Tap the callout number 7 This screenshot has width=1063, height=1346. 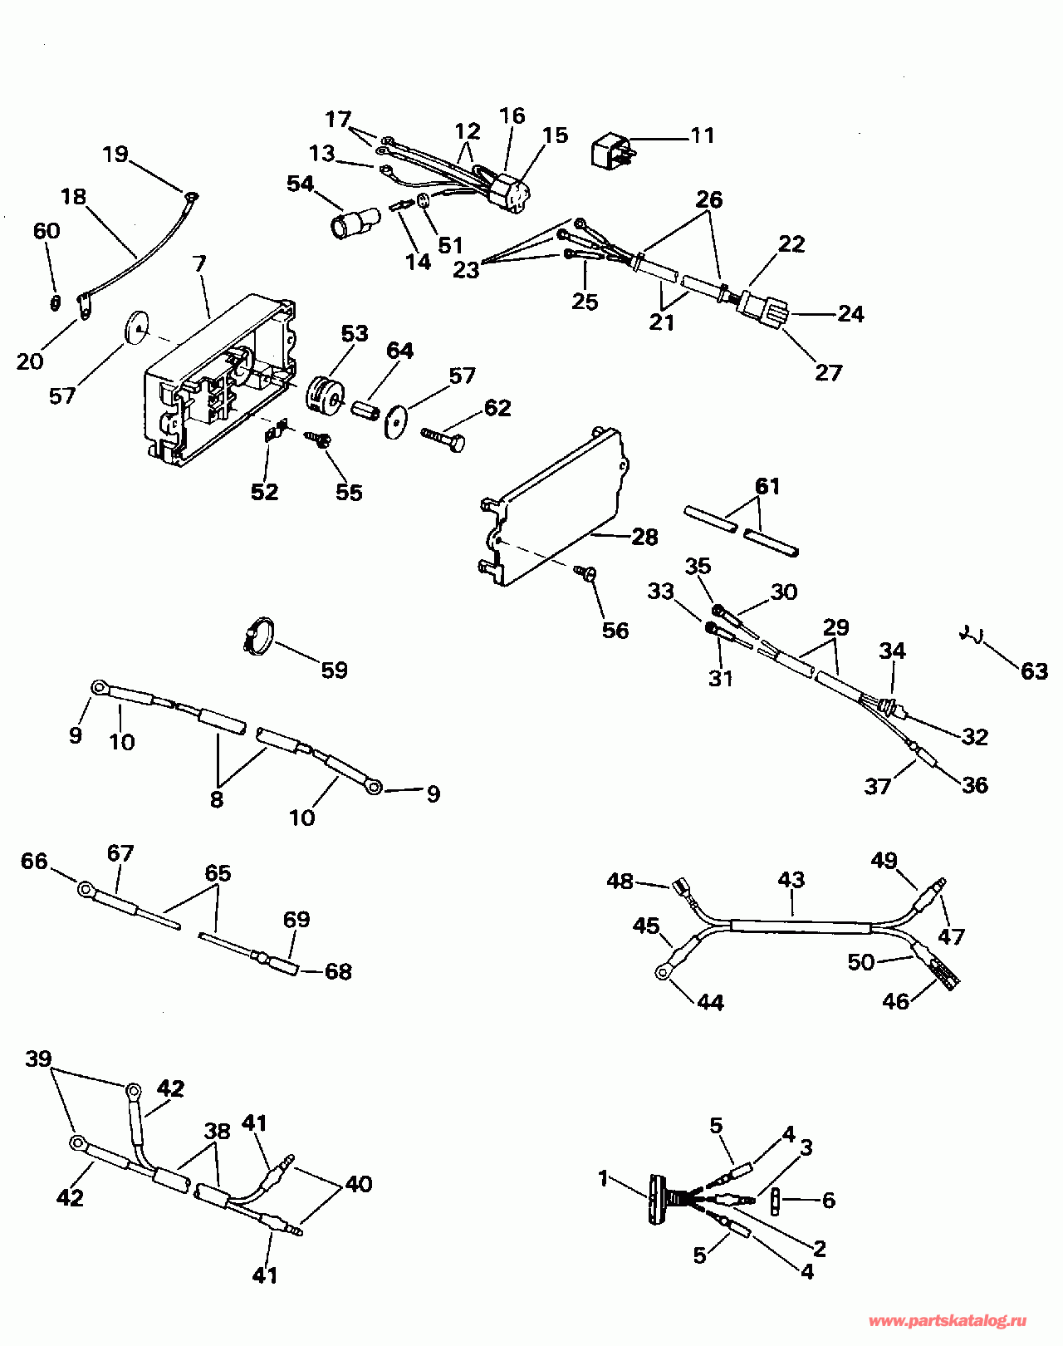tap(199, 264)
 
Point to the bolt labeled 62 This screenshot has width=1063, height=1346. tap(443, 439)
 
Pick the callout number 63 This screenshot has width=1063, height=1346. tap(1034, 671)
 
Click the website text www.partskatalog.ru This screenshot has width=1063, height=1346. tap(948, 1321)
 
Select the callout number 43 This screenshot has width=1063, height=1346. tap(791, 880)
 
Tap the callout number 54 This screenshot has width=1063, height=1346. tap(300, 184)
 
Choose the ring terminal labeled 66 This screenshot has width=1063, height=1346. tap(86, 890)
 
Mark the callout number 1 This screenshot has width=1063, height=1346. tap(604, 1178)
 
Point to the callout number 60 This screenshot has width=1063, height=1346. tap(47, 231)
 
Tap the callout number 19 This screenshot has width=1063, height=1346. tap(115, 155)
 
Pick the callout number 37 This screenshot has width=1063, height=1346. tap(877, 786)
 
